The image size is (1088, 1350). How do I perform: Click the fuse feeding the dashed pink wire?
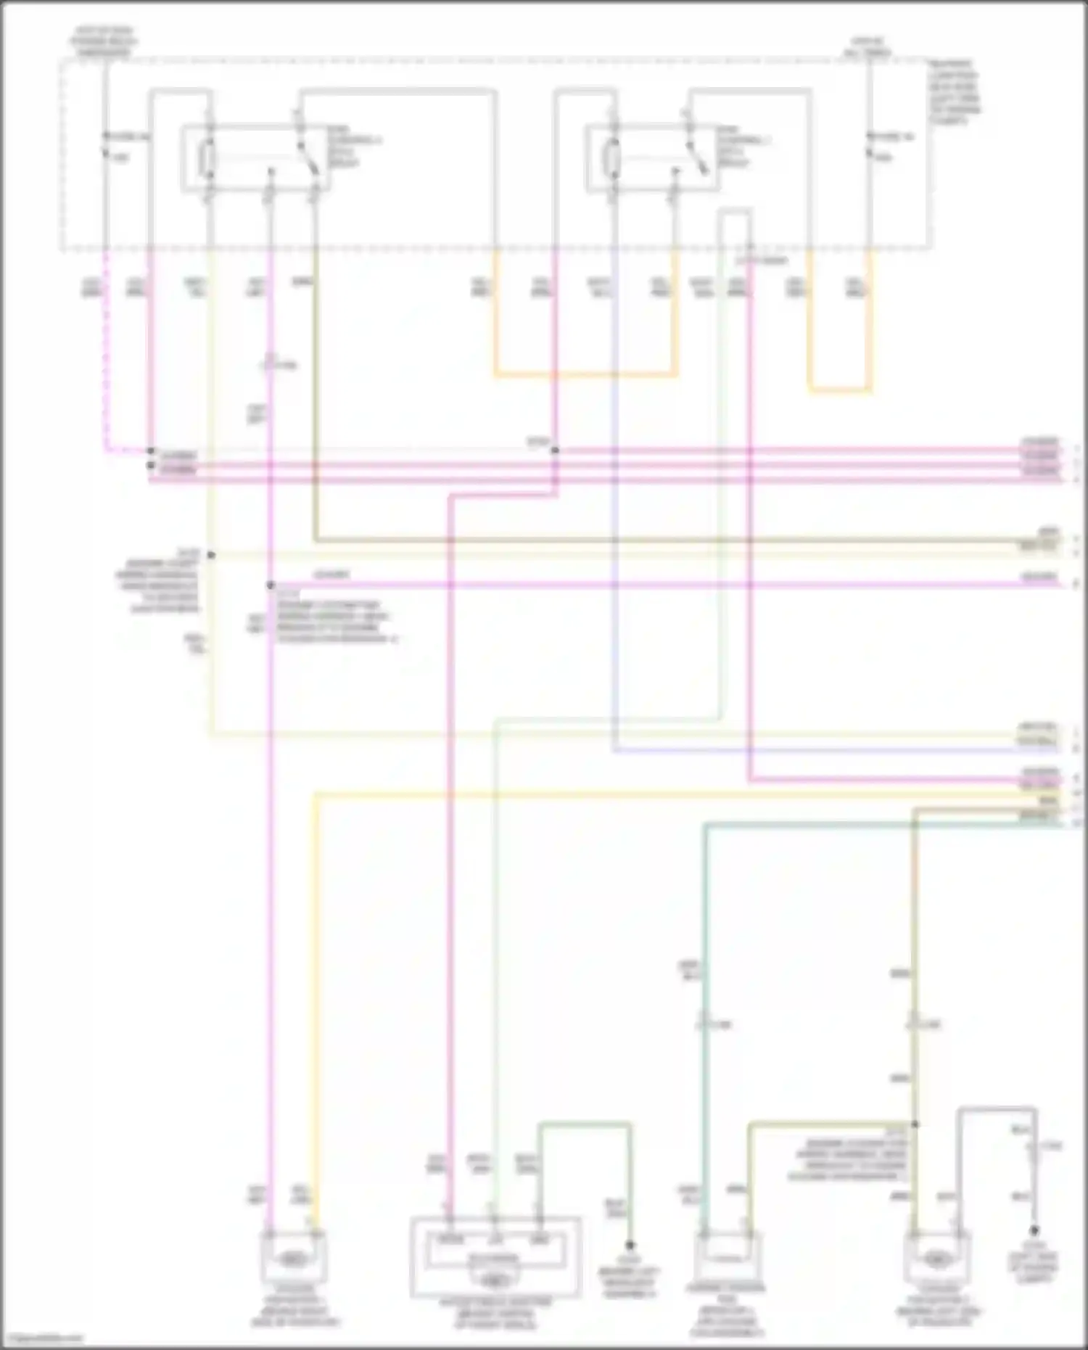[105, 144]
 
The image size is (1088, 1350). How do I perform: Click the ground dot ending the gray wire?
[1034, 1231]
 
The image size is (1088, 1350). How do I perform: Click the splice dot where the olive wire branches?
[915, 1124]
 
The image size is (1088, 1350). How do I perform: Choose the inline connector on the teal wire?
[703, 1024]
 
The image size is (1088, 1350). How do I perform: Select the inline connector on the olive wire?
[914, 1024]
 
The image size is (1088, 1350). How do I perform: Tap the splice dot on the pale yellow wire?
[211, 555]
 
